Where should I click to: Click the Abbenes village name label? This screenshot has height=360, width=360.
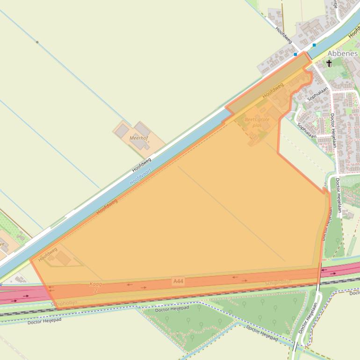point(342,53)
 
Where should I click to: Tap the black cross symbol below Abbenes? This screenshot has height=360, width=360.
point(329,63)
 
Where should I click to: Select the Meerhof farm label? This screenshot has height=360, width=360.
point(139,138)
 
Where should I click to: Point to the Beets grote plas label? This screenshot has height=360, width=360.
point(257,122)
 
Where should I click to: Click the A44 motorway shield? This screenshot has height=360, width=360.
point(178,281)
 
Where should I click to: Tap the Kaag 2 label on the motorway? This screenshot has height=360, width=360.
point(95,287)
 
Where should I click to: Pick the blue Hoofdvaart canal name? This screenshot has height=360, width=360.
point(141,176)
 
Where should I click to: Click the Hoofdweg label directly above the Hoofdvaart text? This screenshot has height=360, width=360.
point(142,165)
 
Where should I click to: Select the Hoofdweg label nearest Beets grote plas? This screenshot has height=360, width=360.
point(273,90)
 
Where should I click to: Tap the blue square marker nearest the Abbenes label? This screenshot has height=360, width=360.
point(314,45)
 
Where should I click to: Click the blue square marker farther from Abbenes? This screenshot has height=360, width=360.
point(295,54)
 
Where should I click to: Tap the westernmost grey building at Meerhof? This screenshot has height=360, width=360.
point(122,131)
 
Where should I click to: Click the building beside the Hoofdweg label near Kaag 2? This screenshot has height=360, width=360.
point(63,259)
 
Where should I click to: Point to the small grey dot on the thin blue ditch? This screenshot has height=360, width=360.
point(37,43)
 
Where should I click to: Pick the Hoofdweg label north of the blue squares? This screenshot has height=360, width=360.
point(284,35)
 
